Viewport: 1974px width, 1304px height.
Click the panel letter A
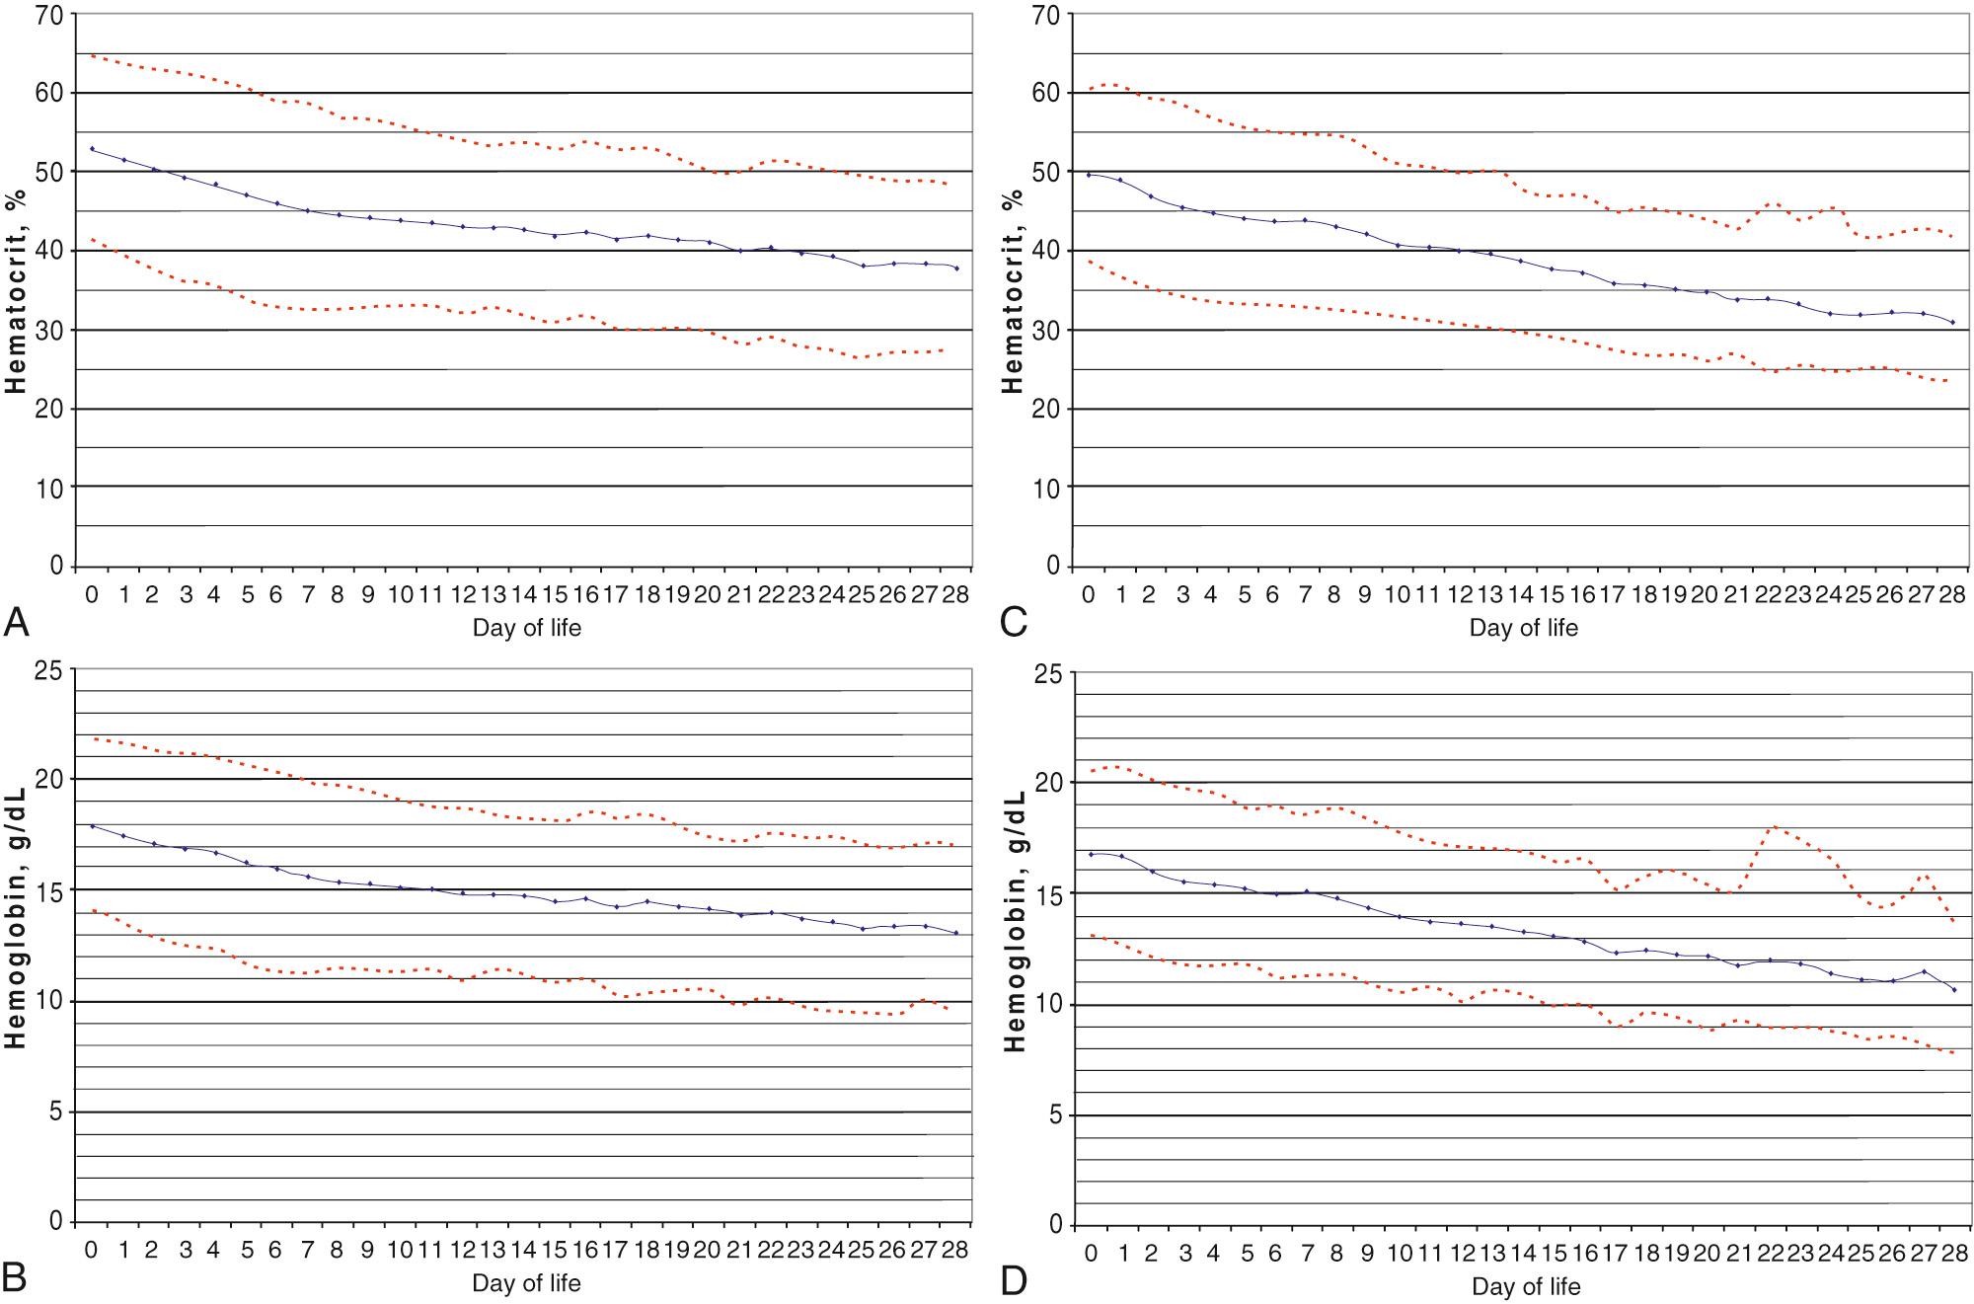[17, 622]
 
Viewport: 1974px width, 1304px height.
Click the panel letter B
[17, 1278]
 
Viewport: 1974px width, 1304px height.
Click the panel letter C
[1014, 622]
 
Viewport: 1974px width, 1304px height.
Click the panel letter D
[1015, 1280]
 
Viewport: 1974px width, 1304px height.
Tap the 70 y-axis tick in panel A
[49, 16]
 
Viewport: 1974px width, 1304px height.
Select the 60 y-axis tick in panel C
[1046, 94]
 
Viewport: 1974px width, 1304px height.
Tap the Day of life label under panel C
[1523, 628]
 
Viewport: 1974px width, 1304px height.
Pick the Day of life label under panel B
[526, 1283]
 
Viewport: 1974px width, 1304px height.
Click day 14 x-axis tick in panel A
[523, 594]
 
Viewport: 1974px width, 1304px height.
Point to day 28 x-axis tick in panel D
[1952, 1254]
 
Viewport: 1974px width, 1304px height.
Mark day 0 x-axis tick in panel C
[1089, 594]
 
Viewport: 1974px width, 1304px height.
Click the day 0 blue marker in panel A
[93, 149]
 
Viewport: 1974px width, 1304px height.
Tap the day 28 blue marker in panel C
[1952, 322]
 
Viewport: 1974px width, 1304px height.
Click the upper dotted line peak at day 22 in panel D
[1773, 827]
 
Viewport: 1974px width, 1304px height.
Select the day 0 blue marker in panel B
[93, 826]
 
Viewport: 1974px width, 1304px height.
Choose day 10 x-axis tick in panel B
[400, 1250]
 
